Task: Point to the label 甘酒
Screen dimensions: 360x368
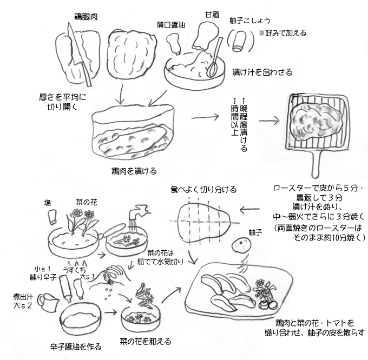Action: tap(212, 14)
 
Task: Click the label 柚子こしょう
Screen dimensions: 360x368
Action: tap(247, 21)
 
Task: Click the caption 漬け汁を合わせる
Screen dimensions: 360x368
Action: tap(262, 72)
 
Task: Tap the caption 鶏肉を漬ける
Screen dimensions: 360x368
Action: tap(133, 171)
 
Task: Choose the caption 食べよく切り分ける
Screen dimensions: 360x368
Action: tap(203, 189)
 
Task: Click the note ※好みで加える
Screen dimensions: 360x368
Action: tap(281, 33)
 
